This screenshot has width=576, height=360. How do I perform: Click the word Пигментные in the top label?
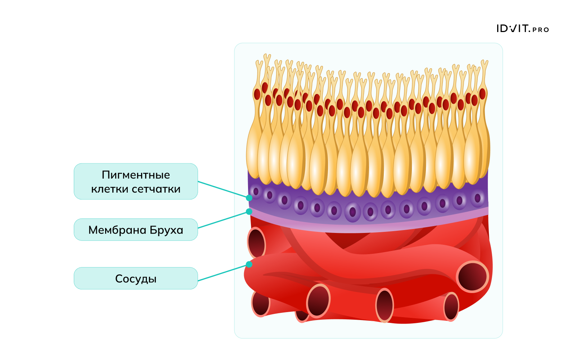tap(136, 175)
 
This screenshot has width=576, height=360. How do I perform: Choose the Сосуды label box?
tap(136, 278)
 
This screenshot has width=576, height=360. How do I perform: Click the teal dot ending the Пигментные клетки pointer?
tap(249, 198)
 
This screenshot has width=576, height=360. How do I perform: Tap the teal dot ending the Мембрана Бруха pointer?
tap(249, 212)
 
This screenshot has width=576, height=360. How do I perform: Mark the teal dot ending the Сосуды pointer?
tap(249, 265)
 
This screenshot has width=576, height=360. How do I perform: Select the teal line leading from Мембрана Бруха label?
tap(223, 220)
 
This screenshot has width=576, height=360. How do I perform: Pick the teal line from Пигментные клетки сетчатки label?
tap(223, 190)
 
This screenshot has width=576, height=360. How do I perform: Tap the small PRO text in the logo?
tap(541, 30)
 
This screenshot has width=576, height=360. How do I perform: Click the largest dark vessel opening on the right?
tap(472, 276)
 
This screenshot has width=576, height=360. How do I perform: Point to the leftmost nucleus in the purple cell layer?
tap(256, 192)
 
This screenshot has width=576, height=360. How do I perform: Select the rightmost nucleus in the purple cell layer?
tap(477, 198)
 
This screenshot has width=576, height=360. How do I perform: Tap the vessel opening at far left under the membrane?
tap(256, 243)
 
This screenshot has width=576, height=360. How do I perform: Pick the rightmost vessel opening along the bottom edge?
tap(451, 307)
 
